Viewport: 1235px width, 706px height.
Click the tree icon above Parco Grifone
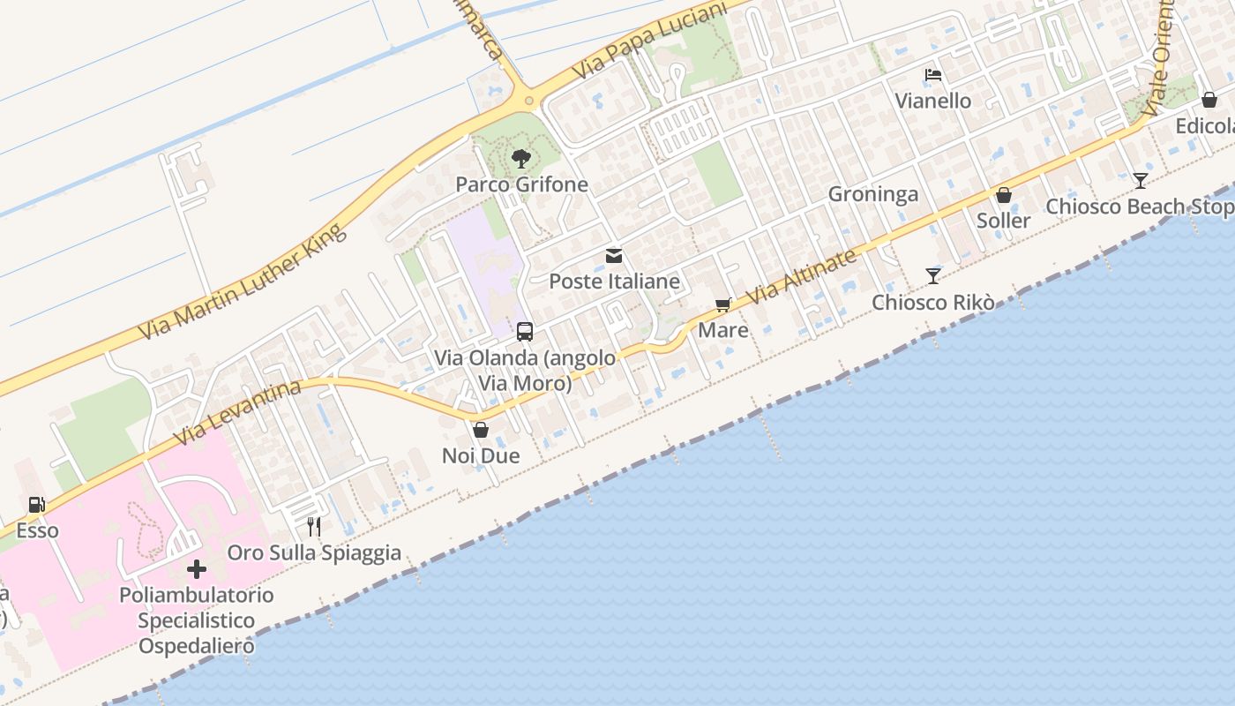[x=521, y=159]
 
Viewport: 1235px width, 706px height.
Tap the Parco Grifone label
[x=521, y=184]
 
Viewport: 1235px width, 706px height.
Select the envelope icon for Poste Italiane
[x=614, y=257]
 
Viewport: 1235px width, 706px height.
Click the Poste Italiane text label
[x=615, y=282]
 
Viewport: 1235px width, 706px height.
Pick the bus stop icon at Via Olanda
[x=525, y=332]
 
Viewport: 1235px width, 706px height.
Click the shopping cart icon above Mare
[x=723, y=305]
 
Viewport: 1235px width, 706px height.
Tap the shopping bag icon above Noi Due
[x=481, y=431]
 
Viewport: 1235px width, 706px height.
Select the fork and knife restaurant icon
[x=314, y=527]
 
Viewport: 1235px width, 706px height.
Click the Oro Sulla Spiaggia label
[x=314, y=553]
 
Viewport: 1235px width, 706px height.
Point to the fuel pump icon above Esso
[x=37, y=505]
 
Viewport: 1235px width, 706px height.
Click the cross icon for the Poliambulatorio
[x=197, y=569]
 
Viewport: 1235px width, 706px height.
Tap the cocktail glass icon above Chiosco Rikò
[x=933, y=276]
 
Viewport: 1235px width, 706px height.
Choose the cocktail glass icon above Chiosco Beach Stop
[x=1141, y=181]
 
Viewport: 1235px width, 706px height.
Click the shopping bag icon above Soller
[x=1004, y=195]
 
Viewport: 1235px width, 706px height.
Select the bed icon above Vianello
[x=933, y=75]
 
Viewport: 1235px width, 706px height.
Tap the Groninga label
[x=872, y=194]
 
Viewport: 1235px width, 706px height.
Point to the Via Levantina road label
[x=238, y=412]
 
